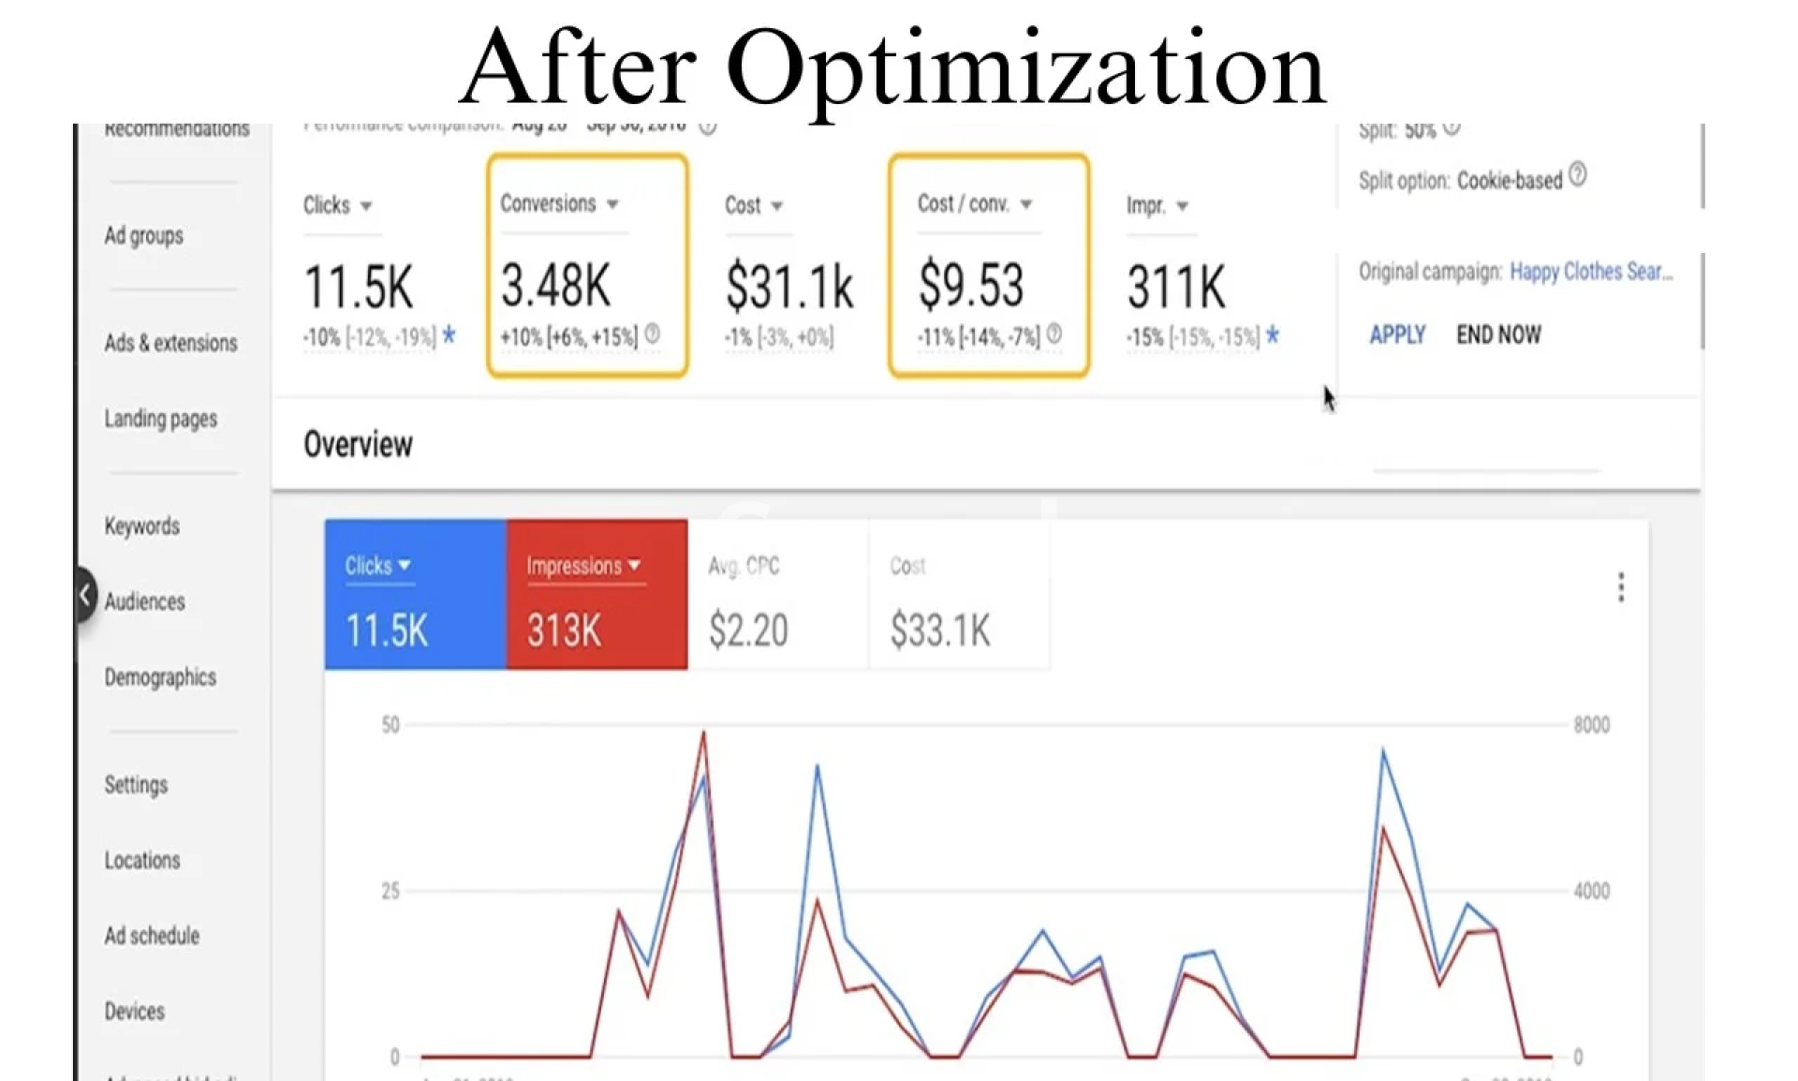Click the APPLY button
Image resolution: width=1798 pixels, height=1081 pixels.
coord(1396,334)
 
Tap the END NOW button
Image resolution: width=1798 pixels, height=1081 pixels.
coord(1497,334)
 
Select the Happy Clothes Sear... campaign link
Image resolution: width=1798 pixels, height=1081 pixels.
coord(1590,272)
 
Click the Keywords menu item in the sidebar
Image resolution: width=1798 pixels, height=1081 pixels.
coord(141,526)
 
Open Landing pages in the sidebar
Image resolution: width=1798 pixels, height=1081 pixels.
coord(160,419)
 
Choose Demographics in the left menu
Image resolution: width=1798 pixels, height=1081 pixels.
coord(160,677)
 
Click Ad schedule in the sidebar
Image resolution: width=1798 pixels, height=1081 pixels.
coord(152,936)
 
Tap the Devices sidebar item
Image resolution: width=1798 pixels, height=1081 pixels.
coord(134,1012)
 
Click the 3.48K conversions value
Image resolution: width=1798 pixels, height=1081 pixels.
coord(555,286)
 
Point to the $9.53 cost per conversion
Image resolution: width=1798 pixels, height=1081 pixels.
coord(971,286)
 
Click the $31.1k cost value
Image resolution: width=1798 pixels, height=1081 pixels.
coord(788,287)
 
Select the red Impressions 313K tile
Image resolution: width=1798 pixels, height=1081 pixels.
coord(597,595)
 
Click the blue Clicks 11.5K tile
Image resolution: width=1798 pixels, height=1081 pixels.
coord(415,595)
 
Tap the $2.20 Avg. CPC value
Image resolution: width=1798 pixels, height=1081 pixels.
coord(747,630)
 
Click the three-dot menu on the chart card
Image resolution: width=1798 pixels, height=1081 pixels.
coord(1621,587)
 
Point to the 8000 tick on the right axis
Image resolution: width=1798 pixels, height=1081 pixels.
coord(1591,725)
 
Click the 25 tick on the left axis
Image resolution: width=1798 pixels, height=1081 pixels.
coord(391,891)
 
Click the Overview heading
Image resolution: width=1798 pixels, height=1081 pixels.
coord(358,444)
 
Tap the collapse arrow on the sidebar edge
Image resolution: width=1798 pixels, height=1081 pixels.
coord(85,594)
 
